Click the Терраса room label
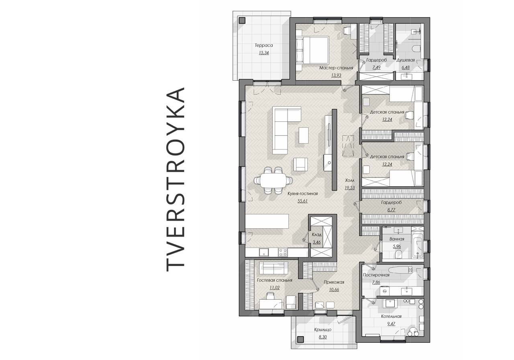264,45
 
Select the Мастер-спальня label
336,68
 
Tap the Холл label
349,180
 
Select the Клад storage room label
317,235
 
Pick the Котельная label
391,316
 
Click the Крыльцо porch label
323,330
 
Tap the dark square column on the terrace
242,20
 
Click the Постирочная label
376,275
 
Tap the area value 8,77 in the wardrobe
391,210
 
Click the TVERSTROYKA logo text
175,179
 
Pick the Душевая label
406,60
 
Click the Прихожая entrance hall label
334,282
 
